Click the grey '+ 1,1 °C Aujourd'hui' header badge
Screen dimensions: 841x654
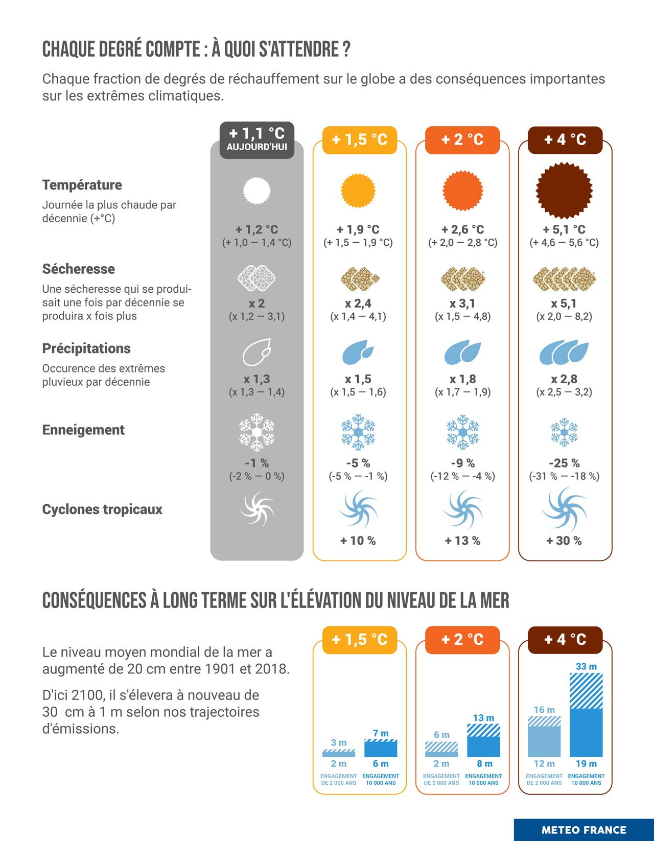click(257, 139)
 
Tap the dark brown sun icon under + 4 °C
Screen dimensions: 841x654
click(564, 191)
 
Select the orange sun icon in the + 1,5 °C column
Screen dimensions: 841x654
click(358, 191)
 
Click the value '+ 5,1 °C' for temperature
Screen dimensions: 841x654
click(564, 229)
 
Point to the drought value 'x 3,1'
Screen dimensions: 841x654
click(462, 303)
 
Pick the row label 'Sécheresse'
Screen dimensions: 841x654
click(79, 269)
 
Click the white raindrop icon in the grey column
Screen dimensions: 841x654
click(256, 352)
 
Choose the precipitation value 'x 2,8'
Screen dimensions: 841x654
click(564, 379)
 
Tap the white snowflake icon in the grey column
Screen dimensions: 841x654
click(256, 432)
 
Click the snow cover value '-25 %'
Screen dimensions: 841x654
click(564, 463)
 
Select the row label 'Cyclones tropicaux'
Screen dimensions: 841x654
click(102, 509)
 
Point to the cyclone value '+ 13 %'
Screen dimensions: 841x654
click(462, 541)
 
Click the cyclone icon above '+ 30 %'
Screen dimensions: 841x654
click(564, 509)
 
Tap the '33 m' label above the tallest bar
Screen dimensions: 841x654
click(586, 666)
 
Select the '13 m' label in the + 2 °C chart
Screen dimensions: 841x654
click(483, 718)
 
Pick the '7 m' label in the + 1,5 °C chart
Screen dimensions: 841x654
click(381, 733)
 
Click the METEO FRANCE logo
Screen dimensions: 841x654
click(583, 830)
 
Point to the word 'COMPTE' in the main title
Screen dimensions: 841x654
click(173, 50)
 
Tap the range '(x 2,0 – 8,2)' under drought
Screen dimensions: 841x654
click(564, 316)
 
